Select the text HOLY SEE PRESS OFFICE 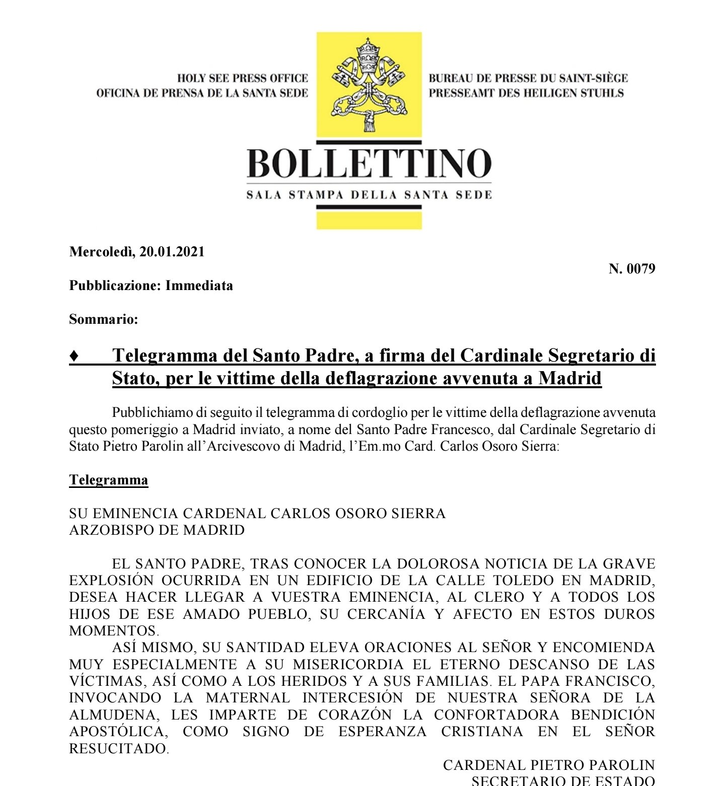point(242,78)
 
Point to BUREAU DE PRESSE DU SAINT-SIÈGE point(528,78)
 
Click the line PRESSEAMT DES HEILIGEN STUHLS point(526,93)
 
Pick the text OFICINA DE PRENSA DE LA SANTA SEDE point(202,93)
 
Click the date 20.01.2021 point(172,252)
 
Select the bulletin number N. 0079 point(632,269)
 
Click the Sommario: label point(104,319)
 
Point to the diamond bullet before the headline point(74,356)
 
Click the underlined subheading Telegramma point(109,480)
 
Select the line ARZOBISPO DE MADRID point(157,530)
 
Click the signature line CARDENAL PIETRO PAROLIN point(549,765)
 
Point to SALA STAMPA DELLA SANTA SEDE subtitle point(369,195)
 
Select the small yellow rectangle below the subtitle point(369,221)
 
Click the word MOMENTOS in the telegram point(113,631)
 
